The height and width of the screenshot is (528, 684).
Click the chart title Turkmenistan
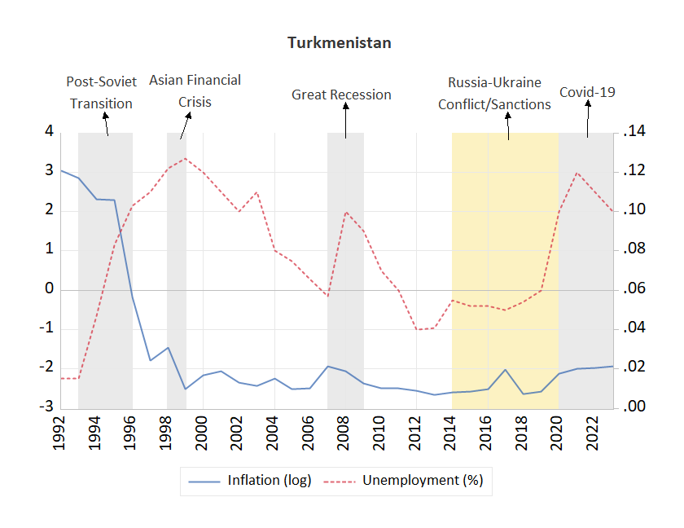click(x=339, y=42)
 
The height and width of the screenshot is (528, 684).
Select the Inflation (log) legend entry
click(x=249, y=481)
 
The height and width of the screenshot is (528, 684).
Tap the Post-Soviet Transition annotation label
click(x=101, y=93)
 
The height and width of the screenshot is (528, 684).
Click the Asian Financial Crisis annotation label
click(x=195, y=91)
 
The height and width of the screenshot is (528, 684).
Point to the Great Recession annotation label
click(x=341, y=95)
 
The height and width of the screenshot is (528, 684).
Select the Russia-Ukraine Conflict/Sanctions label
click(x=494, y=94)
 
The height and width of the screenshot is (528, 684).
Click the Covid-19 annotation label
click(x=586, y=92)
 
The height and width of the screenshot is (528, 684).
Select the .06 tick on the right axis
click(x=634, y=289)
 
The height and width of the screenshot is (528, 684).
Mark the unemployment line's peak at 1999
click(x=185, y=158)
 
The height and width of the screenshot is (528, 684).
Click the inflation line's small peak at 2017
click(x=505, y=369)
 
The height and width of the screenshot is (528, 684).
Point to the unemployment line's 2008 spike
click(x=346, y=212)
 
